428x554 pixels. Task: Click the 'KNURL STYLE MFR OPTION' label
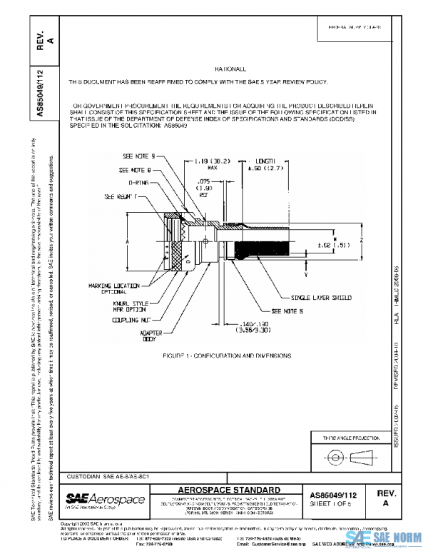click(131, 306)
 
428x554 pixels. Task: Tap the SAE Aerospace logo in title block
click(105, 499)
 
